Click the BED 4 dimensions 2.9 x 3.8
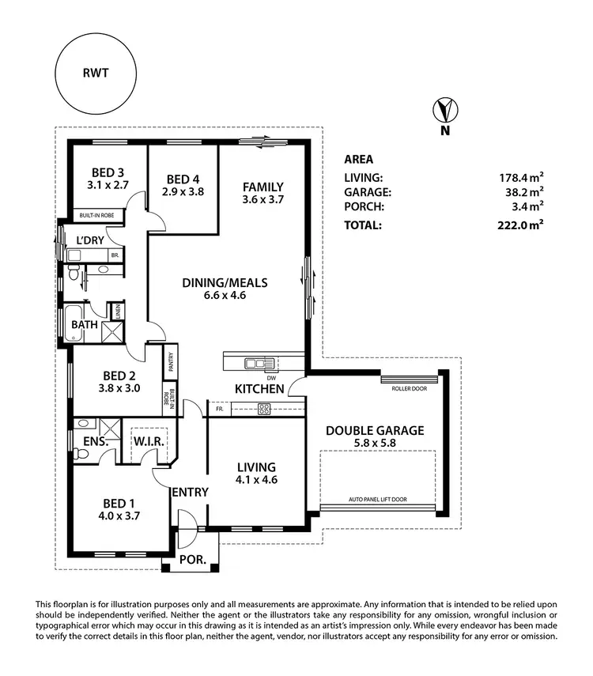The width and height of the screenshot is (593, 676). click(x=183, y=191)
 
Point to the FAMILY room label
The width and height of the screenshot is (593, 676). click(x=263, y=187)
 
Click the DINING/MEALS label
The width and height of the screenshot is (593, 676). click(x=225, y=282)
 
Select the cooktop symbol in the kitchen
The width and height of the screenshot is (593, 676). click(x=265, y=409)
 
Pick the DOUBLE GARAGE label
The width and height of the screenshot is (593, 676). click(x=375, y=431)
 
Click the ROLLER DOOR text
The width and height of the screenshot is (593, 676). click(x=408, y=388)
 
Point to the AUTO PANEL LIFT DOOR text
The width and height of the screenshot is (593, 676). click(x=378, y=500)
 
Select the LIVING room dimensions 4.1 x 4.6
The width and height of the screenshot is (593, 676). click(x=256, y=479)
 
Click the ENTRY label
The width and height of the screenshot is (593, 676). click(x=191, y=492)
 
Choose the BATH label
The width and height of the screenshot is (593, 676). click(x=84, y=324)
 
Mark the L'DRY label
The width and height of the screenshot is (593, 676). click(x=91, y=240)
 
